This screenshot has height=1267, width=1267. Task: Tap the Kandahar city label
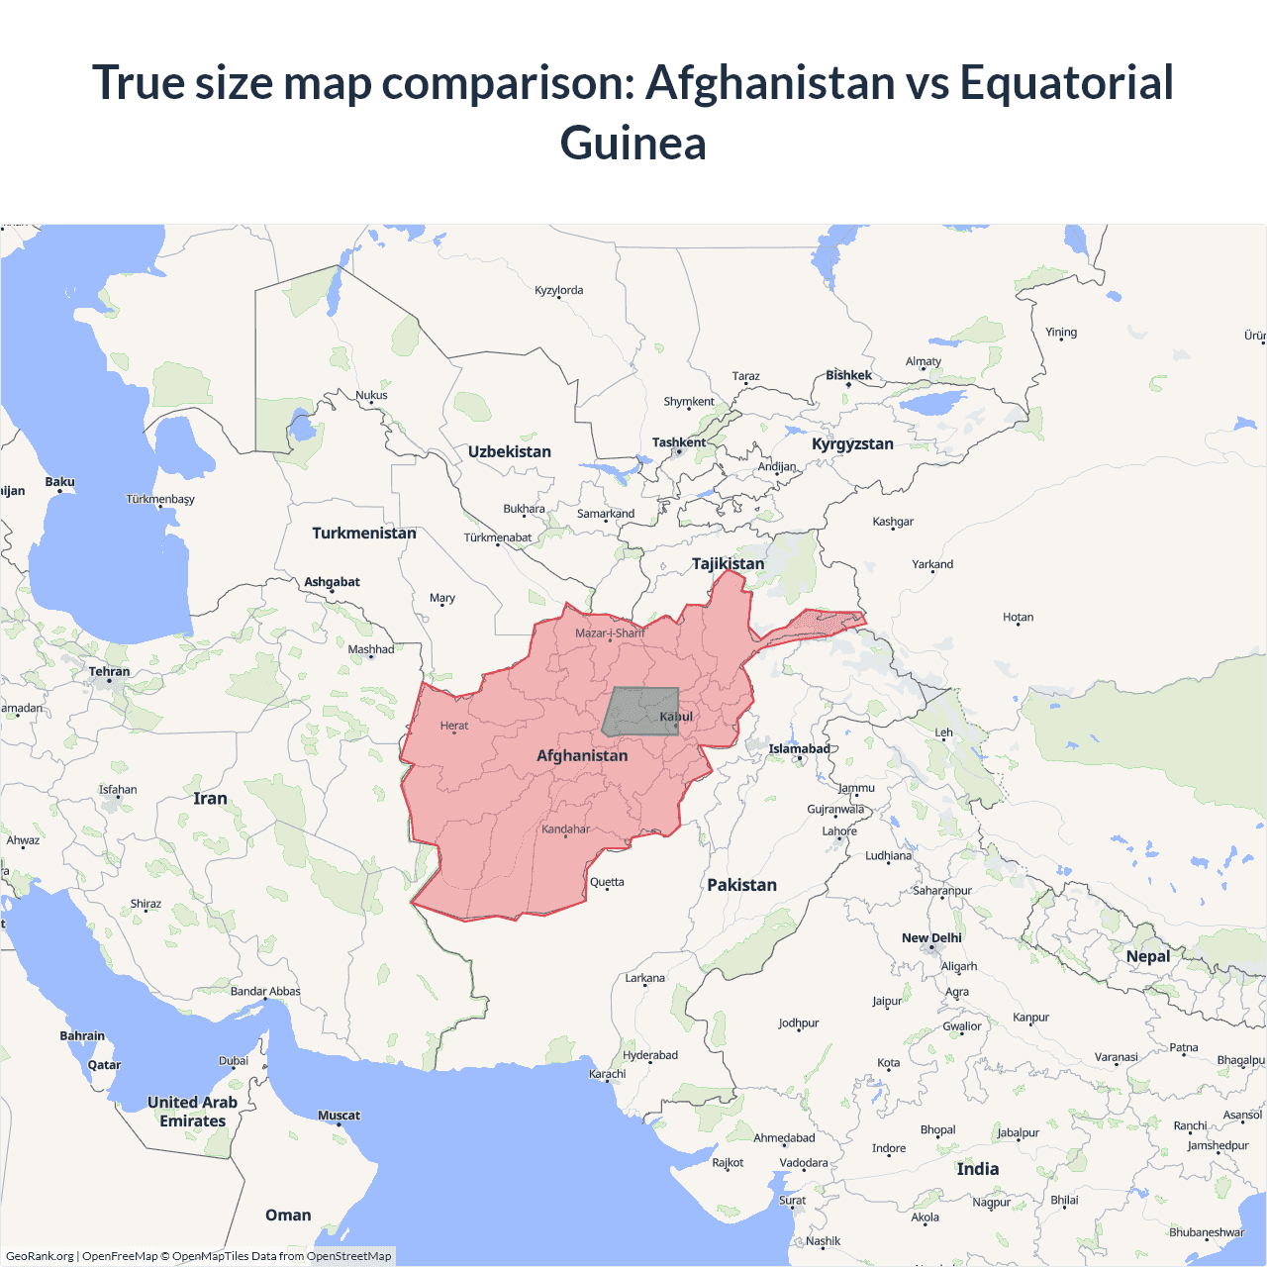tap(565, 829)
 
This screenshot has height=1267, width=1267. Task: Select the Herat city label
tap(454, 726)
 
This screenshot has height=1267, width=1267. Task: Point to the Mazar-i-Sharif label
tap(610, 633)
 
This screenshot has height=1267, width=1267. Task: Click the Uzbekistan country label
tap(510, 452)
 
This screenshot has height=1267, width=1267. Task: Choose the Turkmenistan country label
tap(364, 534)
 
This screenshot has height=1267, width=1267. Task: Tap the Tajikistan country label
tap(728, 564)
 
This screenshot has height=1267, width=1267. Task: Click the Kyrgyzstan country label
tap(852, 444)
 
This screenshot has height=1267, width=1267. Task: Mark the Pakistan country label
tap(741, 885)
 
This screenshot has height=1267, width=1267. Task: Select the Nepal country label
tap(1148, 956)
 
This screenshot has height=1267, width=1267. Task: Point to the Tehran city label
tap(109, 672)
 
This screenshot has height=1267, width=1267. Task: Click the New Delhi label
tap(931, 938)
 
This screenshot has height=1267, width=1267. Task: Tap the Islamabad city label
tap(799, 749)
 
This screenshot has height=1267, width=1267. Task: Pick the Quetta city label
tap(607, 882)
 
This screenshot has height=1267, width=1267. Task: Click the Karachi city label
tap(607, 1074)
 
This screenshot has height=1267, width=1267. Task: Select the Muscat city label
tap(339, 1116)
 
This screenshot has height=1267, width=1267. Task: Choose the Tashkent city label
tap(679, 442)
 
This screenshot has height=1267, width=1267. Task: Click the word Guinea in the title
tap(633, 143)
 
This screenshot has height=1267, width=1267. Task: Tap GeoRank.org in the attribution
tap(40, 1256)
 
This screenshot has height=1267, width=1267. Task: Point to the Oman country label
tap(288, 1216)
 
